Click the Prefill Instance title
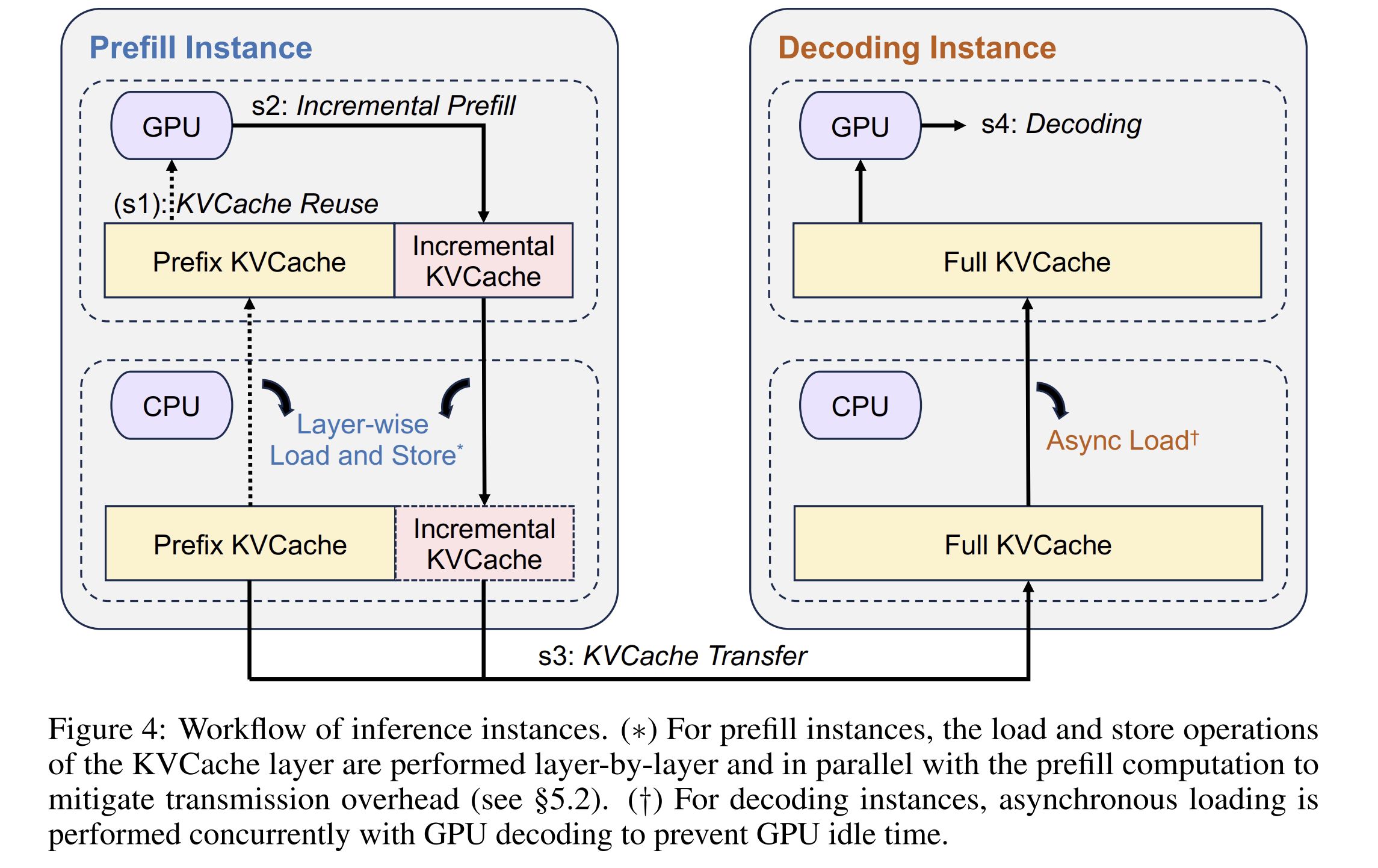click(x=200, y=48)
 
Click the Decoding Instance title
click(x=917, y=48)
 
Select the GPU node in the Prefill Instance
click(x=171, y=126)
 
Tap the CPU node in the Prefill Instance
click(x=171, y=406)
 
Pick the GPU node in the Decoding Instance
click(x=860, y=126)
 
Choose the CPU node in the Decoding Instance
click(x=860, y=406)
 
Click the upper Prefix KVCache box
click(x=249, y=261)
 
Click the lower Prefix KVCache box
click(x=250, y=544)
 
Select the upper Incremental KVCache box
click(x=484, y=261)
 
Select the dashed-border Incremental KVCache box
click(x=485, y=544)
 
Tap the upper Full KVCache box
click(x=1027, y=261)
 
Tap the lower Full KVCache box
click(x=1028, y=544)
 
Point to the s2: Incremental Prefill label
click(x=383, y=106)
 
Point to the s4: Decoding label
click(x=1061, y=125)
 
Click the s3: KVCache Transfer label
click(x=672, y=656)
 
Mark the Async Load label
click(x=1123, y=441)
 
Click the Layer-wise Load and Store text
click(x=366, y=440)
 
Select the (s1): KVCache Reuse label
click(x=246, y=204)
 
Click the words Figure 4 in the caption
click(x=107, y=730)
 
